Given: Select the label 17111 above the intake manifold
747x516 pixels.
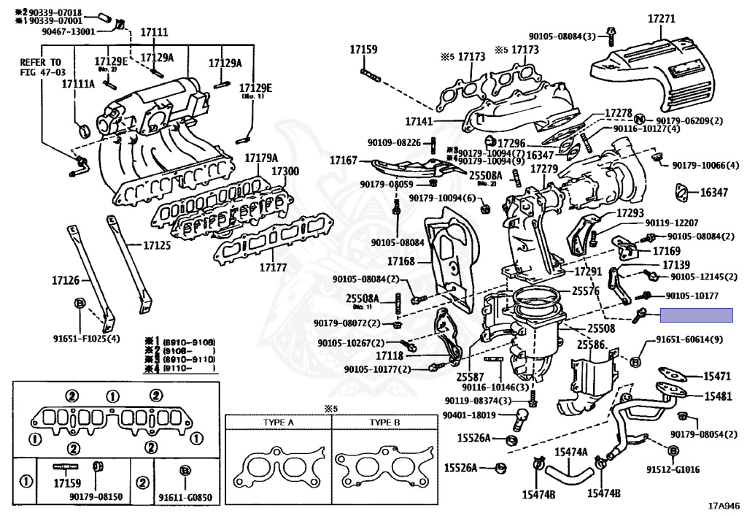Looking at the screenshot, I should [x=154, y=32].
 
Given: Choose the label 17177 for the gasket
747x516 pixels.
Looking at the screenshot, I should [x=274, y=267].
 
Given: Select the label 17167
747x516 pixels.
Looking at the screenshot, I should [x=343, y=160].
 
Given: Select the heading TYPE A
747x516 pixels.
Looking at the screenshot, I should [x=279, y=423].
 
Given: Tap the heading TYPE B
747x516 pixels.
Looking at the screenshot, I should [x=384, y=423].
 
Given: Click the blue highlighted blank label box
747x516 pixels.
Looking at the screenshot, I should [x=696, y=315].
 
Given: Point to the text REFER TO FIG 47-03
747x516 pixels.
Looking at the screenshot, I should [x=42, y=68].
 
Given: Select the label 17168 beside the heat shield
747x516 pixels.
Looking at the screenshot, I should [x=400, y=261].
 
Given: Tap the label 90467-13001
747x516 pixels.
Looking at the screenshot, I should [x=69, y=32].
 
